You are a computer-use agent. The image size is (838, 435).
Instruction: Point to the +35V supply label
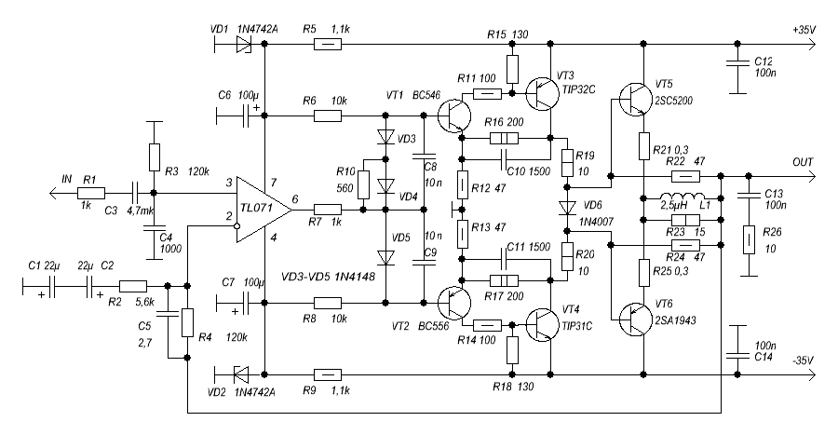pyautogui.click(x=803, y=30)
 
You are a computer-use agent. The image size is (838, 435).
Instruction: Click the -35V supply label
pyautogui.click(x=803, y=360)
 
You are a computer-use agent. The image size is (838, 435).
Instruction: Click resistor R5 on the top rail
pyautogui.click(x=327, y=44)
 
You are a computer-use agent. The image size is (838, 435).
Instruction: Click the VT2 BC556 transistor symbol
pyautogui.click(x=453, y=302)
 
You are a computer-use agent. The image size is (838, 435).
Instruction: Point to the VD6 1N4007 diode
pyautogui.click(x=565, y=208)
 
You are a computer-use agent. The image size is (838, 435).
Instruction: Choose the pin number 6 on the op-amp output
pyautogui.click(x=295, y=199)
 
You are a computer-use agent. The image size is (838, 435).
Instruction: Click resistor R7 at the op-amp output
pyautogui.click(x=327, y=210)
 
